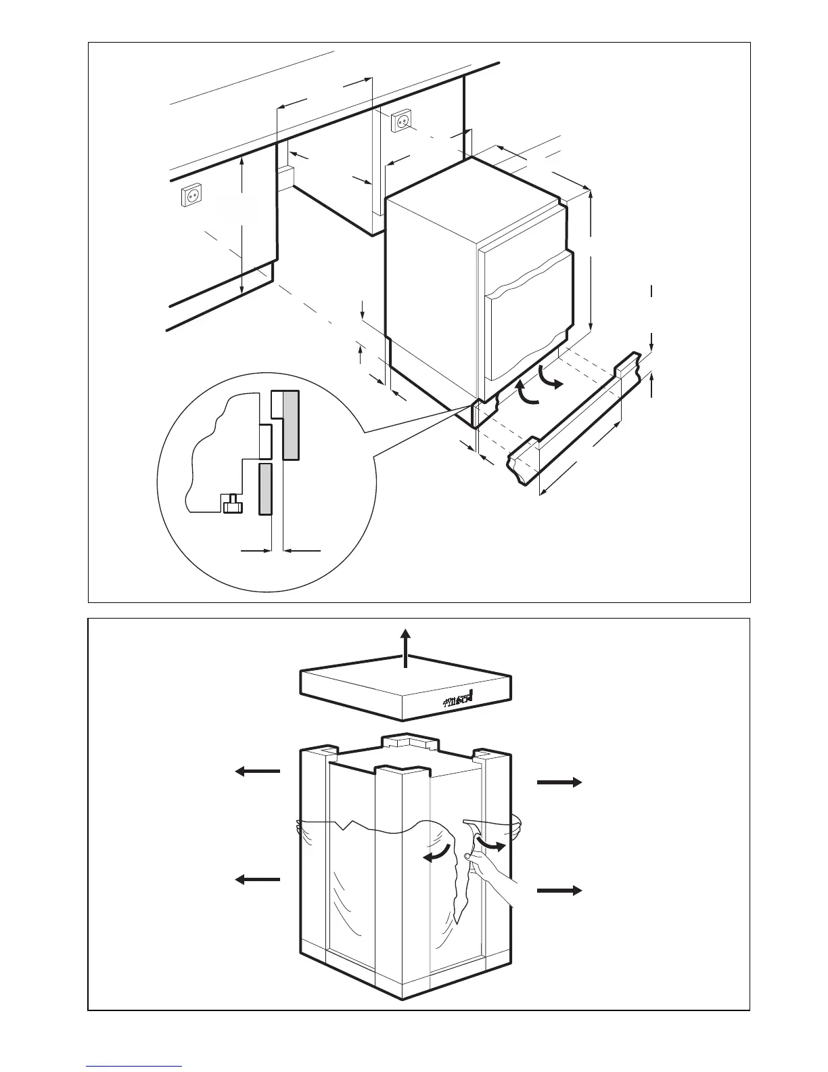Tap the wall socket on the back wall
pyautogui.click(x=401, y=120)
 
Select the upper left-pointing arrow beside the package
pyautogui.click(x=257, y=770)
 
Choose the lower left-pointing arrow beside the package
pyautogui.click(x=257, y=879)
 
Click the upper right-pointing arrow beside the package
pyautogui.click(x=559, y=782)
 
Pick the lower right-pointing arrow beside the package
pyautogui.click(x=559, y=890)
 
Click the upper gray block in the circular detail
pyautogui.click(x=290, y=425)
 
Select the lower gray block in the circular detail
pyautogui.click(x=264, y=489)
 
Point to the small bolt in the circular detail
pyautogui.click(x=232, y=504)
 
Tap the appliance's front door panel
pyautogui.click(x=526, y=316)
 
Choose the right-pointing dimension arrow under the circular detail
pyautogui.click(x=255, y=552)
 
